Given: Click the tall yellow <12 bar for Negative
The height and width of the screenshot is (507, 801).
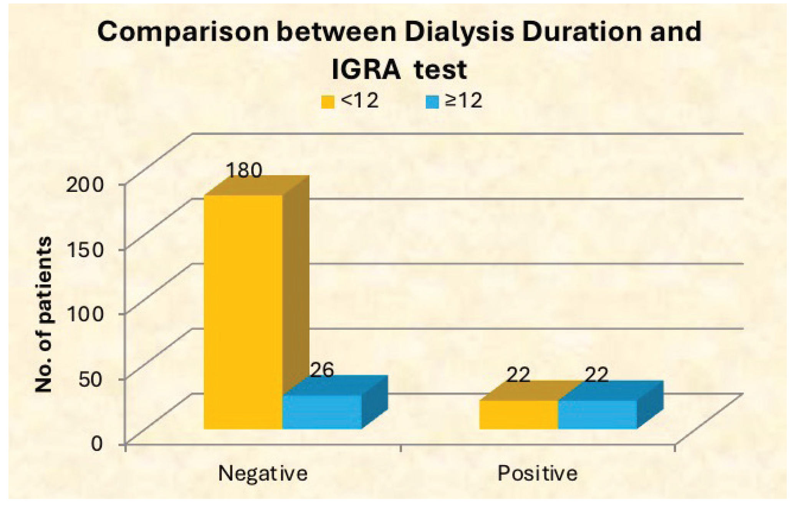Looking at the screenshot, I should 243,311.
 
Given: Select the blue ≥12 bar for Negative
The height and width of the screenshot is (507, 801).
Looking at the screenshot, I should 322,411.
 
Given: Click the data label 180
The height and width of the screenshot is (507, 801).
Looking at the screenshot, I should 244,170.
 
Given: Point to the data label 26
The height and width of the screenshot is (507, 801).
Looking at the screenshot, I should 322,370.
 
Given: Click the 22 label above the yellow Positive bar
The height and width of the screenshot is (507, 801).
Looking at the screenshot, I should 518,375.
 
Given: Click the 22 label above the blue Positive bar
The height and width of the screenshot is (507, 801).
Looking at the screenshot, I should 596,375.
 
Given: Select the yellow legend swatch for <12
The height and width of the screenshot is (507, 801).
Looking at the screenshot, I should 328,102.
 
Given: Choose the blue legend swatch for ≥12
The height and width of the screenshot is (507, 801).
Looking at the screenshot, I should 432,102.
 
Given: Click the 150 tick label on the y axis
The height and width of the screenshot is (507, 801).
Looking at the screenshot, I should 85,250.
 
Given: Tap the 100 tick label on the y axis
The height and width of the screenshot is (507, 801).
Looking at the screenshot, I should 85,314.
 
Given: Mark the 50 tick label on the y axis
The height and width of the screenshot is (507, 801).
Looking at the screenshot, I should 91,379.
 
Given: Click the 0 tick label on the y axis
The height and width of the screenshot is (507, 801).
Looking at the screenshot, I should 97,444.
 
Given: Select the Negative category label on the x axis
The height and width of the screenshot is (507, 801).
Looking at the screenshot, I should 263,473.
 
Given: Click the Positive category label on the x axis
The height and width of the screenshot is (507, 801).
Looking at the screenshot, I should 538,473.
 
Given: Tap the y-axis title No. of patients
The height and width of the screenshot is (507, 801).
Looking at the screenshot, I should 43,314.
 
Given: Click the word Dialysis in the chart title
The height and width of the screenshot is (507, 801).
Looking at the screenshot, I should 459,32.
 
